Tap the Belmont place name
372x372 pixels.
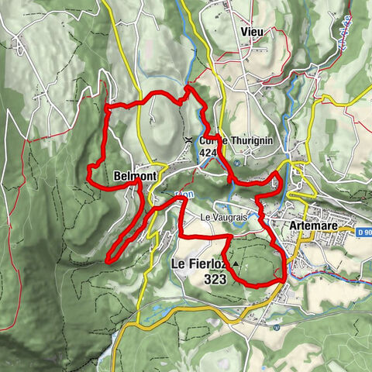tap(135, 177)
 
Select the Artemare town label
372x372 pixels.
tap(314, 226)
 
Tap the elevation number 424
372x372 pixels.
tap(208, 153)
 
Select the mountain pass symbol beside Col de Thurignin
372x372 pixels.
tap(190, 140)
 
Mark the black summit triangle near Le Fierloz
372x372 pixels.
tap(234, 263)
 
